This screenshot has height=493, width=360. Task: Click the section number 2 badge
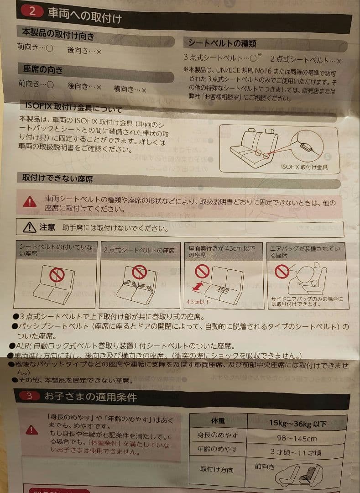point(32,11)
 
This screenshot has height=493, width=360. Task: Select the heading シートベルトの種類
point(223,43)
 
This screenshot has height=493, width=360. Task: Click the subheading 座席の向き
point(43,70)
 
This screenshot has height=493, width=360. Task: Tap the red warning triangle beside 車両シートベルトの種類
point(30,202)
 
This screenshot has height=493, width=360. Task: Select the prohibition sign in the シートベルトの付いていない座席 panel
point(57,275)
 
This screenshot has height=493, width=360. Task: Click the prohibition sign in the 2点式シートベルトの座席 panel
point(139,273)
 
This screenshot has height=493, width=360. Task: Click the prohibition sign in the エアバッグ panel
point(282,272)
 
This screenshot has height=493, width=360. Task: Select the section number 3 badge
point(29,396)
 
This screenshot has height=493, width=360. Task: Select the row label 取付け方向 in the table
point(217,469)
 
